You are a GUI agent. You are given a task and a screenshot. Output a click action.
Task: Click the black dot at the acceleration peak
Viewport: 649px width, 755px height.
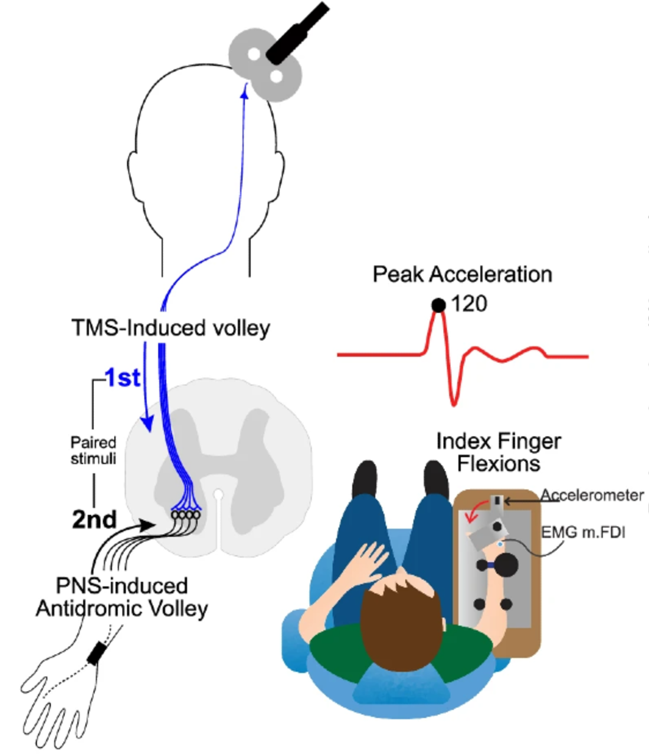coord(438,305)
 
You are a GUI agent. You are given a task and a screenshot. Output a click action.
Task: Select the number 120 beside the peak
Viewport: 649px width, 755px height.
coord(469,304)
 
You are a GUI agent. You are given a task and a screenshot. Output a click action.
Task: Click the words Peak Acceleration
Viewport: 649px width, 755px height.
coord(462,274)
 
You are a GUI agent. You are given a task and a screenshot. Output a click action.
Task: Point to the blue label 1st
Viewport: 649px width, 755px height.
coord(123,378)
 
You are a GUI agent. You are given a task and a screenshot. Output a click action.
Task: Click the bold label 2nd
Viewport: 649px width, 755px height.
coord(94,519)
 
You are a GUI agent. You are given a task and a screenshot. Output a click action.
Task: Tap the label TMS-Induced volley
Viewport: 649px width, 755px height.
coord(171,328)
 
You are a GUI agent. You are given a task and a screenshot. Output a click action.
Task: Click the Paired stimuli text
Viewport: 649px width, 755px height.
coord(93,450)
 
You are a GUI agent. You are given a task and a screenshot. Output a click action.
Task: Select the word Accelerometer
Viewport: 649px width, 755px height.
coord(592,495)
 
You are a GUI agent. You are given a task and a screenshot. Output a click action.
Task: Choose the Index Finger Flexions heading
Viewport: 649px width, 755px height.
coord(499,452)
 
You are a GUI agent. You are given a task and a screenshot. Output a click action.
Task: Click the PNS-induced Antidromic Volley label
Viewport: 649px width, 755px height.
coord(122,597)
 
